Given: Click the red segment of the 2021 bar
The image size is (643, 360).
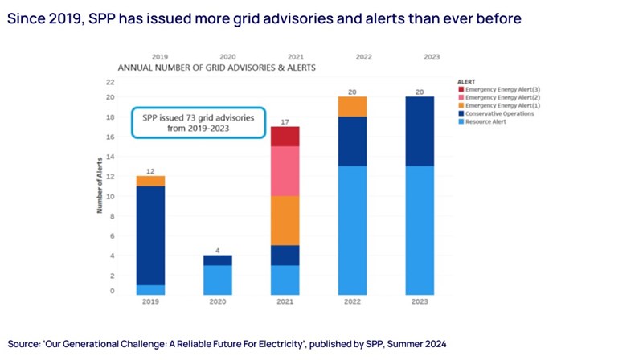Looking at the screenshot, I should (x=285, y=137).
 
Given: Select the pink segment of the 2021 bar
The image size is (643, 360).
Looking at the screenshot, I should (x=285, y=171).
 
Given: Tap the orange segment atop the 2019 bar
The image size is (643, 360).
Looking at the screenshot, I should (x=150, y=181).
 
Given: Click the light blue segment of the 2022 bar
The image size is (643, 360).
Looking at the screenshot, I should (x=352, y=230).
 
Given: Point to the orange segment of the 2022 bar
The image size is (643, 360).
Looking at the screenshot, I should (x=352, y=107).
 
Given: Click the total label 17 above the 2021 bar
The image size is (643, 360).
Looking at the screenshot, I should (x=285, y=121).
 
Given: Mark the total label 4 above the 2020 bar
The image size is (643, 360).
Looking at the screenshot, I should (x=217, y=249).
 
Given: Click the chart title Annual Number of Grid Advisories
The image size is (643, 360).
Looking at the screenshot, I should (x=216, y=68).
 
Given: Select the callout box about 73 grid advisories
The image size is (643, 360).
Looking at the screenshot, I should (x=199, y=123).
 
